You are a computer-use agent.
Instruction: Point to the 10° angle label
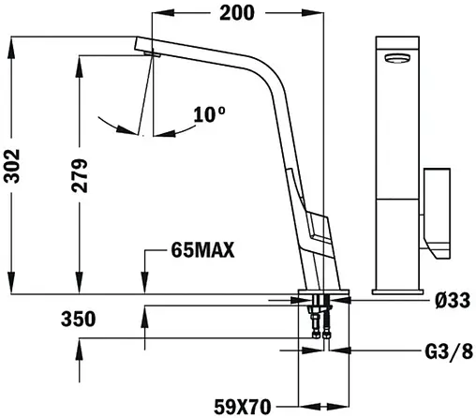click(x=210, y=115)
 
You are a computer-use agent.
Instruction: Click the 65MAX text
click(x=202, y=250)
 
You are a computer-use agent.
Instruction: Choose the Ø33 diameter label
click(x=452, y=301)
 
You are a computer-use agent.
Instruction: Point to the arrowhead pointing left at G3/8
click(x=334, y=352)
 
